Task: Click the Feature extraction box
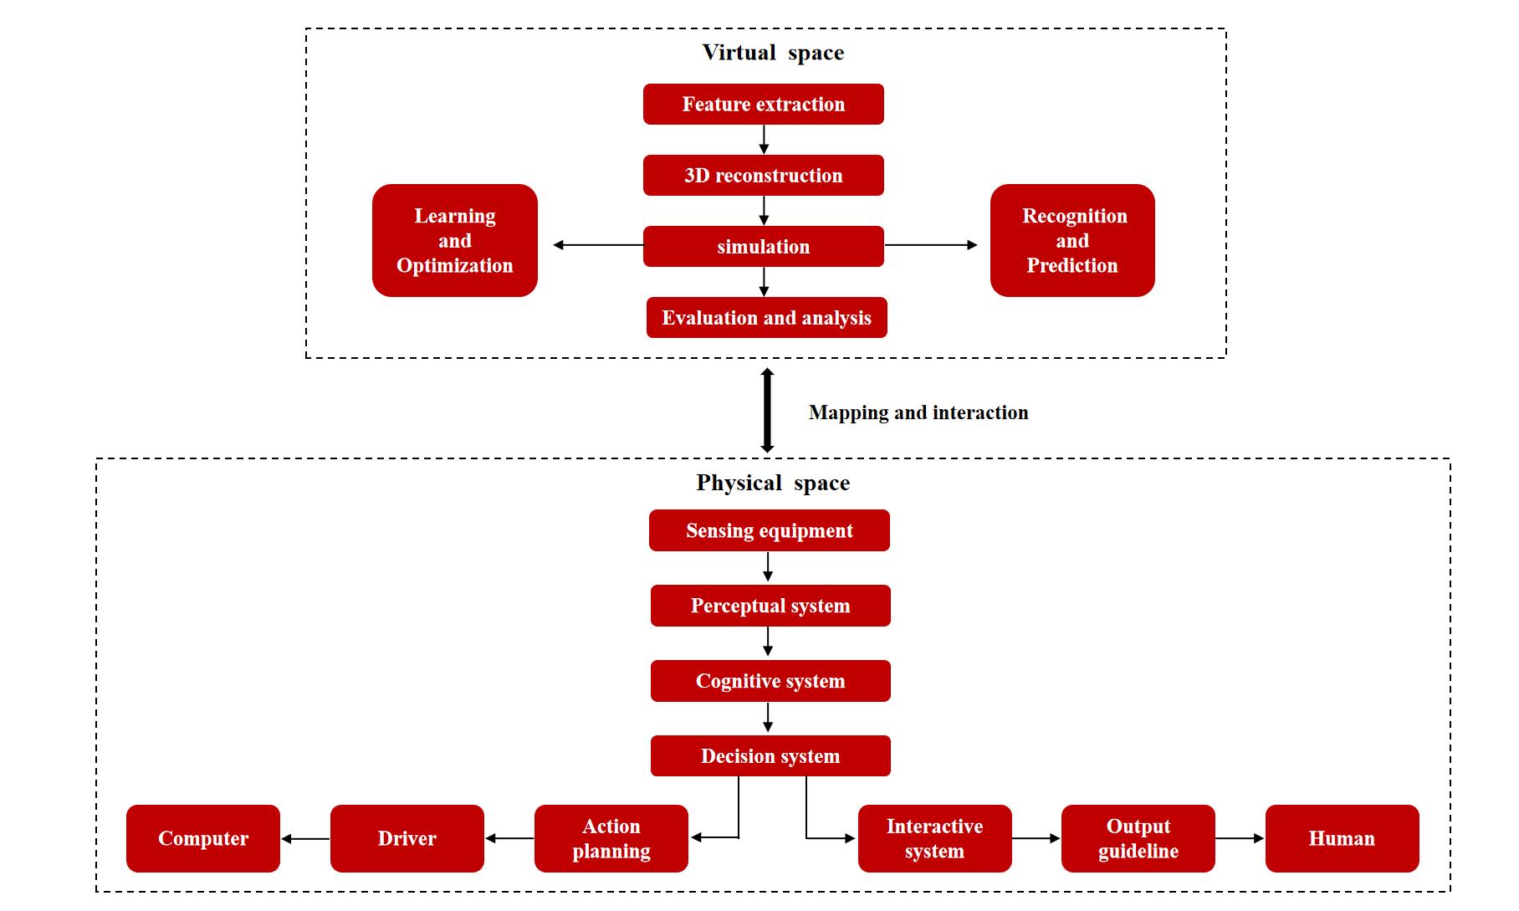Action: [x=763, y=105]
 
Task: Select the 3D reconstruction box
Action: [x=763, y=176]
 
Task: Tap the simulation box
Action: [x=763, y=247]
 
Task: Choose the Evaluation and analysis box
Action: [x=766, y=318]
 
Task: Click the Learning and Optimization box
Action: [x=454, y=241]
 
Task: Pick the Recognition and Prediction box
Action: [x=1072, y=241]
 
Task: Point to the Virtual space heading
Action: [x=773, y=53]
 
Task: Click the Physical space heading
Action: [x=773, y=483]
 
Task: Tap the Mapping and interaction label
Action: [x=918, y=412]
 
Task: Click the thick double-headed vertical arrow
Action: [x=767, y=410]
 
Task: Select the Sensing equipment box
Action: [x=770, y=531]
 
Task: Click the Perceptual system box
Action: [x=770, y=606]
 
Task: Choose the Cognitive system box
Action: [x=770, y=682]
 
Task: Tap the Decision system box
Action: [x=770, y=756]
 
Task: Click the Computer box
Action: [x=203, y=839]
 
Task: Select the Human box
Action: [x=1342, y=839]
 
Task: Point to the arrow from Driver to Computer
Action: [x=305, y=839]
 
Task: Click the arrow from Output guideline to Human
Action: [x=1240, y=838]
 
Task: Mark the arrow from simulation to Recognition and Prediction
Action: [x=930, y=245]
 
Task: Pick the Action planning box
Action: [x=611, y=839]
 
